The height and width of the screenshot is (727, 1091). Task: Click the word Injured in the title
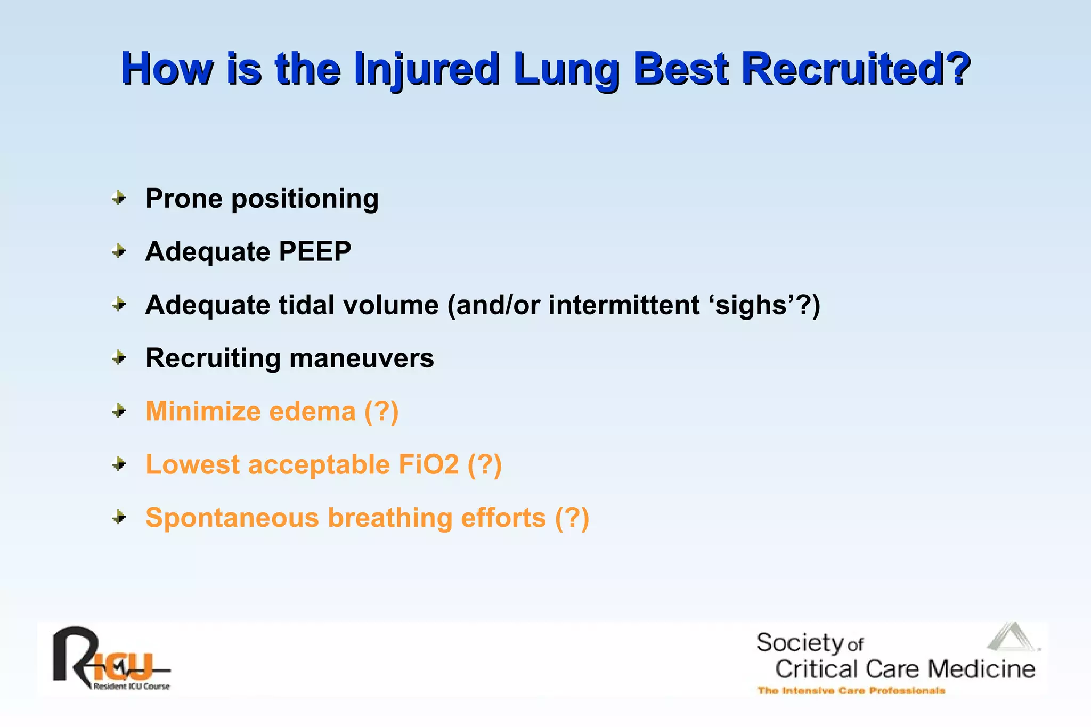pyautogui.click(x=426, y=69)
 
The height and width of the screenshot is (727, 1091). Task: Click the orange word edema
pyautogui.click(x=312, y=411)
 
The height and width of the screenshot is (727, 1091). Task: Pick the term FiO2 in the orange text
pyautogui.click(x=428, y=464)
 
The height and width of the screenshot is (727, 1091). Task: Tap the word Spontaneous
pyautogui.click(x=232, y=518)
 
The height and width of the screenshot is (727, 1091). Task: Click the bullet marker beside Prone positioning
pyautogui.click(x=119, y=198)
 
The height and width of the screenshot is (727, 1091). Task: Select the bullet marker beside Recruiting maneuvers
pyautogui.click(x=119, y=358)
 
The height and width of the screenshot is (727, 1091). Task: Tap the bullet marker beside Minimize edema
pyautogui.click(x=119, y=411)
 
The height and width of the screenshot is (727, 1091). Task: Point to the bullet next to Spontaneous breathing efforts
pyautogui.click(x=119, y=517)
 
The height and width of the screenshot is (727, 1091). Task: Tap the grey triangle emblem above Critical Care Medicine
pyautogui.click(x=1012, y=637)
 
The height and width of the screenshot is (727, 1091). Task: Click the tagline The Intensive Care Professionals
pyautogui.click(x=851, y=691)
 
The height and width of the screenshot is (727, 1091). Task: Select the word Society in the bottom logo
pyautogui.click(x=800, y=643)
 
